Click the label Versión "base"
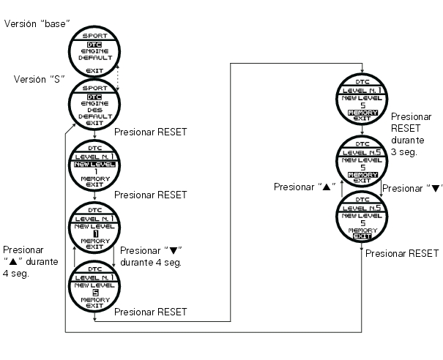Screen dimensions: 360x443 (x=37, y=23)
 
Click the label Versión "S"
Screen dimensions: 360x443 (x=37, y=78)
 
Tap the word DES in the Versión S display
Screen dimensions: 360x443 (x=94, y=110)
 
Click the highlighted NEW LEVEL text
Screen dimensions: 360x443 (x=94, y=164)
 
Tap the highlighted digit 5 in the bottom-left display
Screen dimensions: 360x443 (x=94, y=292)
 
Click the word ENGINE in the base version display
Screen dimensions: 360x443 (x=94, y=51)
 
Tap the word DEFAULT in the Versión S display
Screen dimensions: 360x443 (x=94, y=116)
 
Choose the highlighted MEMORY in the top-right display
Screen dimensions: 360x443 (x=362, y=113)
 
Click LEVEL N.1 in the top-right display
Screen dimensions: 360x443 (x=362, y=88)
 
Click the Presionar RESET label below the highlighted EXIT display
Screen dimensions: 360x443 (x=401, y=253)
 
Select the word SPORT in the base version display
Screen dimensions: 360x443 (x=94, y=34)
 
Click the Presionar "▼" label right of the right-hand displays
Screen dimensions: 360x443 (x=412, y=187)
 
